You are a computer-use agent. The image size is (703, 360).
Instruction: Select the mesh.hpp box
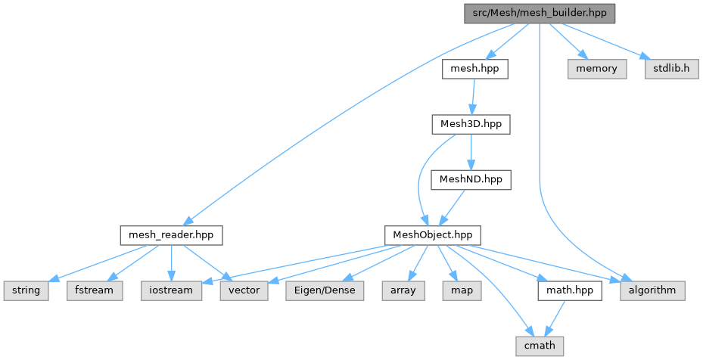tap(474, 69)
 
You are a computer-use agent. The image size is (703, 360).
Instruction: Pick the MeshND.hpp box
tap(471, 179)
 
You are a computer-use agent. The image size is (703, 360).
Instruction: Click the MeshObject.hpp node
tap(432, 235)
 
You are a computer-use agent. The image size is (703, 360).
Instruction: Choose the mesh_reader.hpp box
tap(171, 235)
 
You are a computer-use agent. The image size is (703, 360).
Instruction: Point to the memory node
tap(597, 69)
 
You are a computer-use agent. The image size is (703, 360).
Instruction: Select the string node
tap(25, 290)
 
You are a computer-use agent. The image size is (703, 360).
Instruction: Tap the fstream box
tap(94, 290)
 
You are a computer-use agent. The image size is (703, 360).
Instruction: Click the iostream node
tap(172, 290)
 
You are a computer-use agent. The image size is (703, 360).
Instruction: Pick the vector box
tap(243, 290)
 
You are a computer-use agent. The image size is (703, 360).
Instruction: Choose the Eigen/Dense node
tap(324, 290)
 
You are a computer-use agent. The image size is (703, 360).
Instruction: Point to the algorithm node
tap(653, 290)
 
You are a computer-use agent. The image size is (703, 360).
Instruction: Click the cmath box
tap(539, 346)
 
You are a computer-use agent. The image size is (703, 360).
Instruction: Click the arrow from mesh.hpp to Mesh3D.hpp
tap(472, 97)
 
